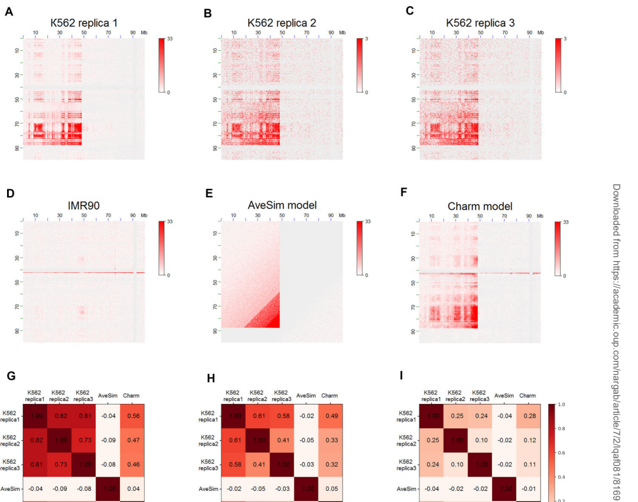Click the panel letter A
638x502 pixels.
coord(8,11)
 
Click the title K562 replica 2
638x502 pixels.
coord(282,22)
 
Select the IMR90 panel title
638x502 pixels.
coord(84,205)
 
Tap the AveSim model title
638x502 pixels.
coord(282,205)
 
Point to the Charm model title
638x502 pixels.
coord(480,206)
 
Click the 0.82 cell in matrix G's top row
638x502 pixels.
coord(60,416)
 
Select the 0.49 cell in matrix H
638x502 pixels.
coord(330,416)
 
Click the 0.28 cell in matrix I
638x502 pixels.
coord(528,416)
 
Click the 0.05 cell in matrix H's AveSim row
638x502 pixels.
coord(330,489)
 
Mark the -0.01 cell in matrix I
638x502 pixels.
coord(528,489)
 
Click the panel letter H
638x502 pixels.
coord(207,378)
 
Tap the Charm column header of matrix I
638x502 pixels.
coord(528,395)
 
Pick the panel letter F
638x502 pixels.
coord(405,194)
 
